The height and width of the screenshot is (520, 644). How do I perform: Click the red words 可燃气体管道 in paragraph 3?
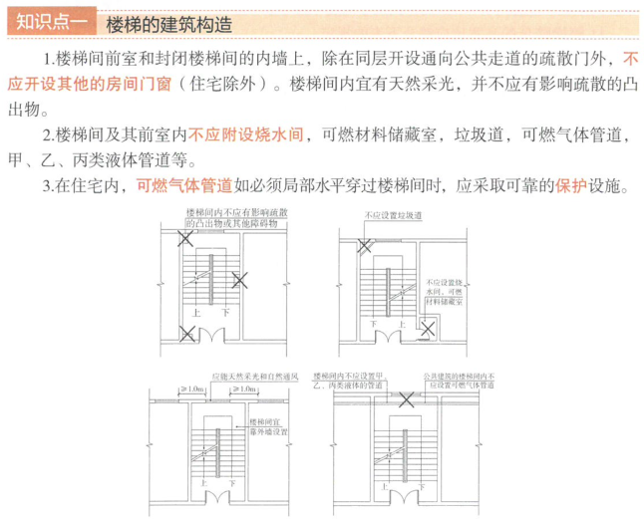click(x=184, y=184)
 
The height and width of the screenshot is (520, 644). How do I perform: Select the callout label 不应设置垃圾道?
click(x=394, y=214)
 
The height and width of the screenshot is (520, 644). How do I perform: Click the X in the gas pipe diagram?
click(x=407, y=400)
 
